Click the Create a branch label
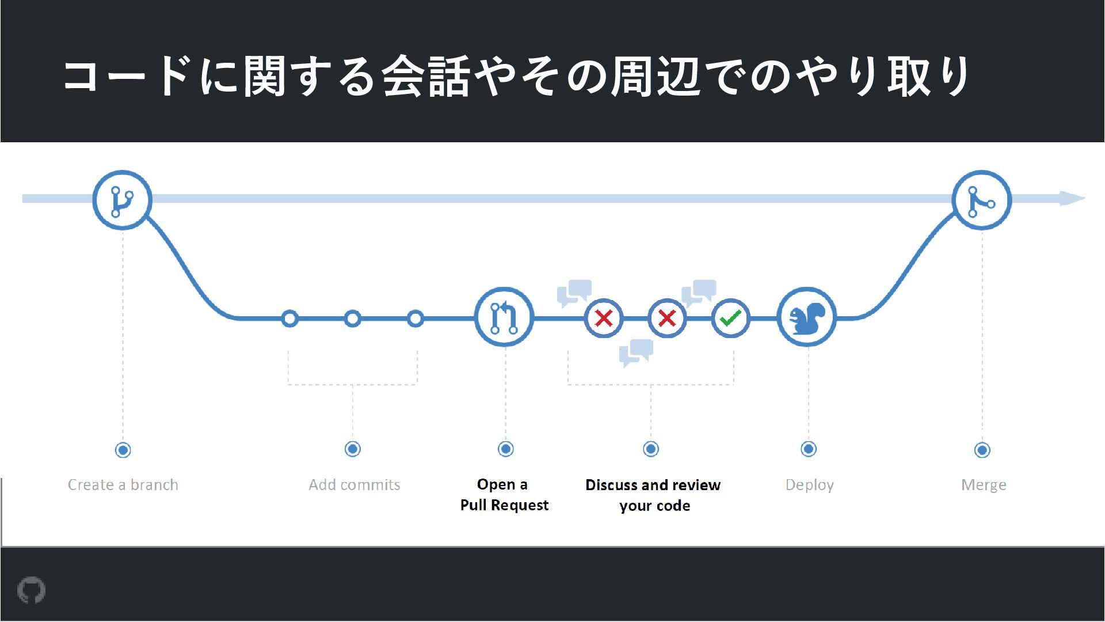123,485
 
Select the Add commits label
354,485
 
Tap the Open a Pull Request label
504,495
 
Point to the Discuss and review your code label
653,495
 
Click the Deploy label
809,485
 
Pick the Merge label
983,485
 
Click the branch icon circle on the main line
122,200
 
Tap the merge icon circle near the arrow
981,200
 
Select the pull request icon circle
504,317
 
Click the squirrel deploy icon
807,317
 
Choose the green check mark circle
730,318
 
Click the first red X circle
604,318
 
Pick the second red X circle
667,318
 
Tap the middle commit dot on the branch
352,318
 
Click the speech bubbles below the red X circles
636,352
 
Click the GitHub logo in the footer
31,590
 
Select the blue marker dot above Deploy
809,449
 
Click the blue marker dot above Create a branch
123,450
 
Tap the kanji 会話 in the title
426,76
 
